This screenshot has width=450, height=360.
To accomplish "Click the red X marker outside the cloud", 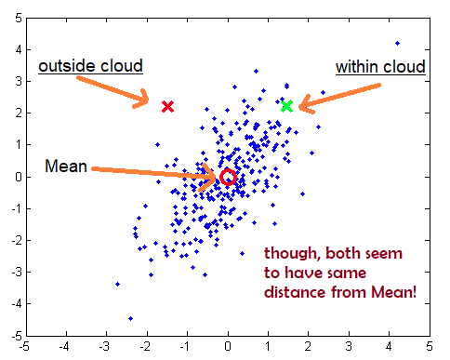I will [x=167, y=106].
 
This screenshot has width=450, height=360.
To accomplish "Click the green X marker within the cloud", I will [x=287, y=106].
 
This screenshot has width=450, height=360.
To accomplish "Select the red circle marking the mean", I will [x=228, y=177].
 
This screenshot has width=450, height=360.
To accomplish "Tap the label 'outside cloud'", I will [x=90, y=66].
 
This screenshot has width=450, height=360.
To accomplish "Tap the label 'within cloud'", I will [x=380, y=67].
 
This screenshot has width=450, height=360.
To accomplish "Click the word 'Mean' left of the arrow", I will [x=66, y=167].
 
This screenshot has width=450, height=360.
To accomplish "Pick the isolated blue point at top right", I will [x=397, y=43].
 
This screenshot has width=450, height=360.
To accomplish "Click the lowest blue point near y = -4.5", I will [x=130, y=318].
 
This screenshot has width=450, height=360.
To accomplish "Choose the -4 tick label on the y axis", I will [x=16, y=304].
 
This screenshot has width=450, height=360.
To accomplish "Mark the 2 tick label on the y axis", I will [x=19, y=113].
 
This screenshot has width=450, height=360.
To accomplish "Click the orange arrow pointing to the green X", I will [x=340, y=97].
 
